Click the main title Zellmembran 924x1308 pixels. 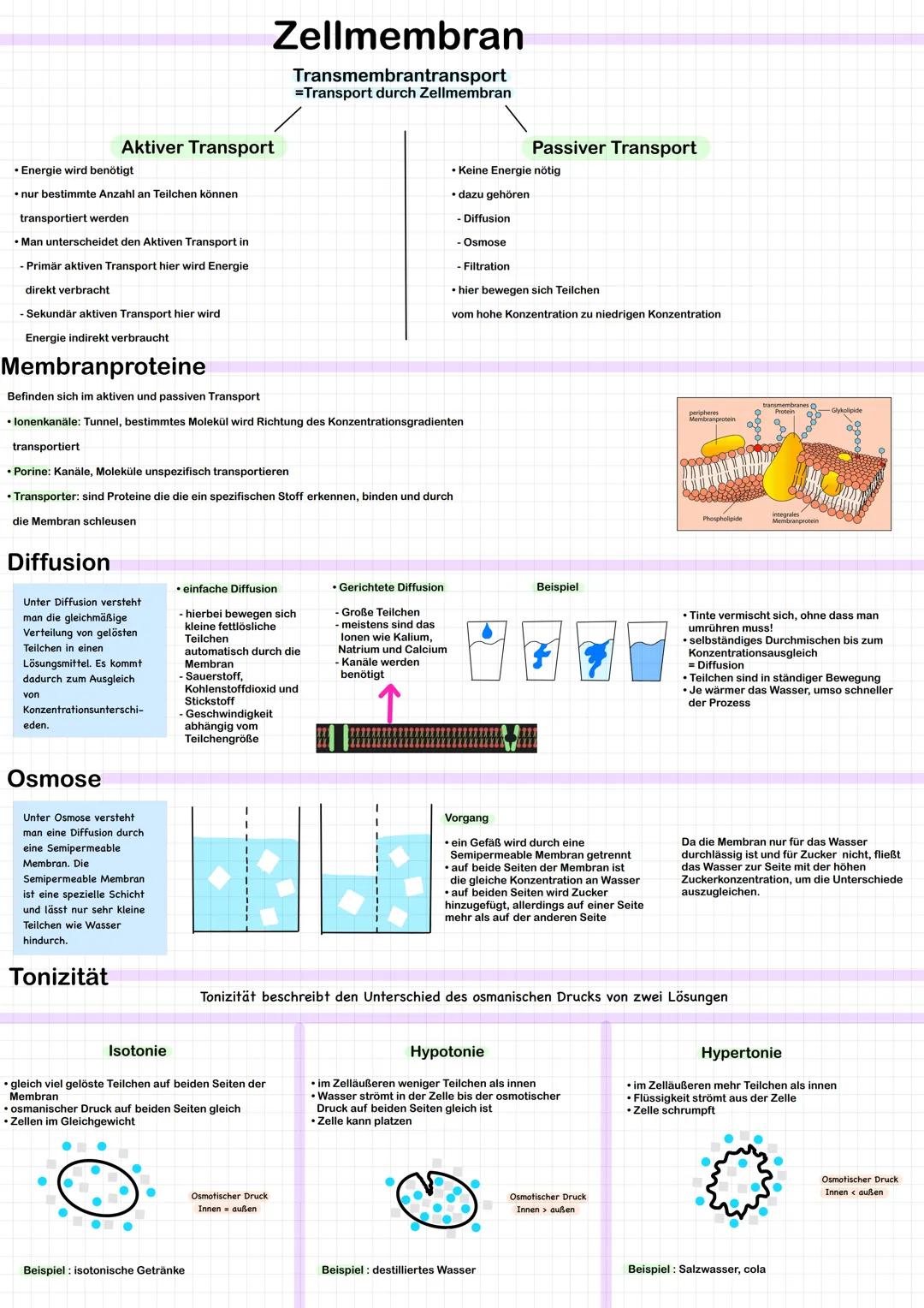click(x=398, y=36)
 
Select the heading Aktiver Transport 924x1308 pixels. click(x=198, y=147)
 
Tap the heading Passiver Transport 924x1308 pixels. click(x=614, y=148)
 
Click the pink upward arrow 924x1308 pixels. click(x=389, y=704)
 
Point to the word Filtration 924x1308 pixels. click(x=486, y=266)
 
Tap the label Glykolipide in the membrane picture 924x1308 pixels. click(x=846, y=411)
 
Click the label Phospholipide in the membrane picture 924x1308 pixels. click(x=722, y=519)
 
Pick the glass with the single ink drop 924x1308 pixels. click(x=486, y=650)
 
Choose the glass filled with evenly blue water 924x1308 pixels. click(x=648, y=651)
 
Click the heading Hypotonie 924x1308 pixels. click(x=447, y=1052)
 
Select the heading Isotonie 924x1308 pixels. click(x=137, y=1050)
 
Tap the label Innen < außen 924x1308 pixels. click(x=854, y=1192)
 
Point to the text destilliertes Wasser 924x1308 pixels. click(x=423, y=1270)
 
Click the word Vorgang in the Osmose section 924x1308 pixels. click(x=466, y=818)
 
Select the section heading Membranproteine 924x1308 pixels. click(x=104, y=366)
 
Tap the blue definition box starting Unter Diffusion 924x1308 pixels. click(x=89, y=660)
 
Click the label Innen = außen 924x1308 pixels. click(x=227, y=1209)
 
